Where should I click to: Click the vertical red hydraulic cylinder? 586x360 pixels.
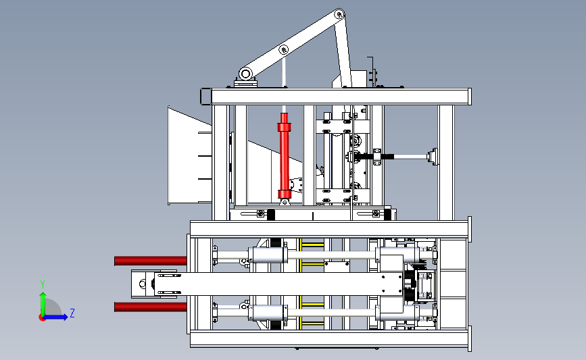point(284,156)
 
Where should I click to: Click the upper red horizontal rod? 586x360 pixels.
point(151,261)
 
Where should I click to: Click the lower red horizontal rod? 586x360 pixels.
point(151,307)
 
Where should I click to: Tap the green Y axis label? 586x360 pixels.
point(43,284)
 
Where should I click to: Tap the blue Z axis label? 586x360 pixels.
point(72,313)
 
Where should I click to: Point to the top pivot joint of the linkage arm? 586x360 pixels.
point(339,15)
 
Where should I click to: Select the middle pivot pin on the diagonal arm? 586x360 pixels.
point(284,50)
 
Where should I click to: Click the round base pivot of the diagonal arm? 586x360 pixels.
point(245,74)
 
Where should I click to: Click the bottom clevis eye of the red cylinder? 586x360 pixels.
point(285,202)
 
